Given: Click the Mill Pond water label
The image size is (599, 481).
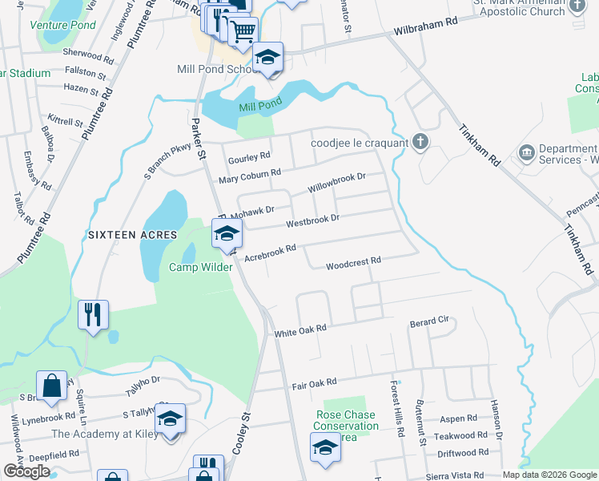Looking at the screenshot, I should click(259, 107).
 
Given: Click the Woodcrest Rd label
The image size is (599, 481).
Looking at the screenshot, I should click(352, 265).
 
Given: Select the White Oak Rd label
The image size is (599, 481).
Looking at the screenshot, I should click(300, 329).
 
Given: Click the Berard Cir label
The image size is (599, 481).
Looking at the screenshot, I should click(432, 321).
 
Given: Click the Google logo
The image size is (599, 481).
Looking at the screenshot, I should click(26, 471).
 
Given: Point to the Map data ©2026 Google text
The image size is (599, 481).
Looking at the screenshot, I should click(549, 475).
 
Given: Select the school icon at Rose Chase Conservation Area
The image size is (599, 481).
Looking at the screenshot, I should click(325, 447).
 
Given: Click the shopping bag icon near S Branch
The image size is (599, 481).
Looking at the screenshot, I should click(51, 385).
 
